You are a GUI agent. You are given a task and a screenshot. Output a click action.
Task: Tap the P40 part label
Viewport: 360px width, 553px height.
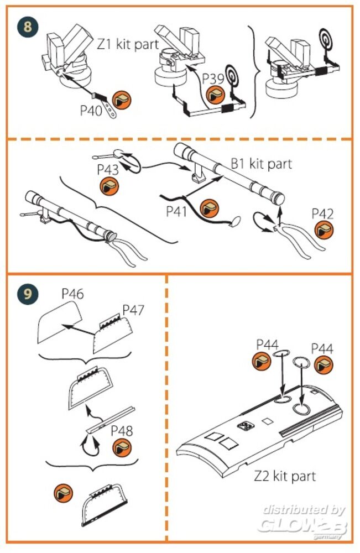tap(91, 109)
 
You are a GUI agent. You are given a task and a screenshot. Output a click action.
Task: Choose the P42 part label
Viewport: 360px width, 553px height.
tap(323, 213)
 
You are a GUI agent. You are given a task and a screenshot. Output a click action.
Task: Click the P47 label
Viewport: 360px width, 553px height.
tap(133, 310)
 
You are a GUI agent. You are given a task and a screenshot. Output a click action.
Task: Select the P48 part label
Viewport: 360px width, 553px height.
tap(122, 430)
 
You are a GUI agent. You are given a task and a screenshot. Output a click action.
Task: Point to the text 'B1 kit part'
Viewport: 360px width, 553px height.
tap(260, 164)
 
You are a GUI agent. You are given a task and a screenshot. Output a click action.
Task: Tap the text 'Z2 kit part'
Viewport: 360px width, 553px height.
tap(285, 476)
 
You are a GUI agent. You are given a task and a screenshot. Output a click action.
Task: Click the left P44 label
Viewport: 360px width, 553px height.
tap(268, 345)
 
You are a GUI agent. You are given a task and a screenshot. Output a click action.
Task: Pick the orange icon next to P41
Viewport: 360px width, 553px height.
tap(210, 209)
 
